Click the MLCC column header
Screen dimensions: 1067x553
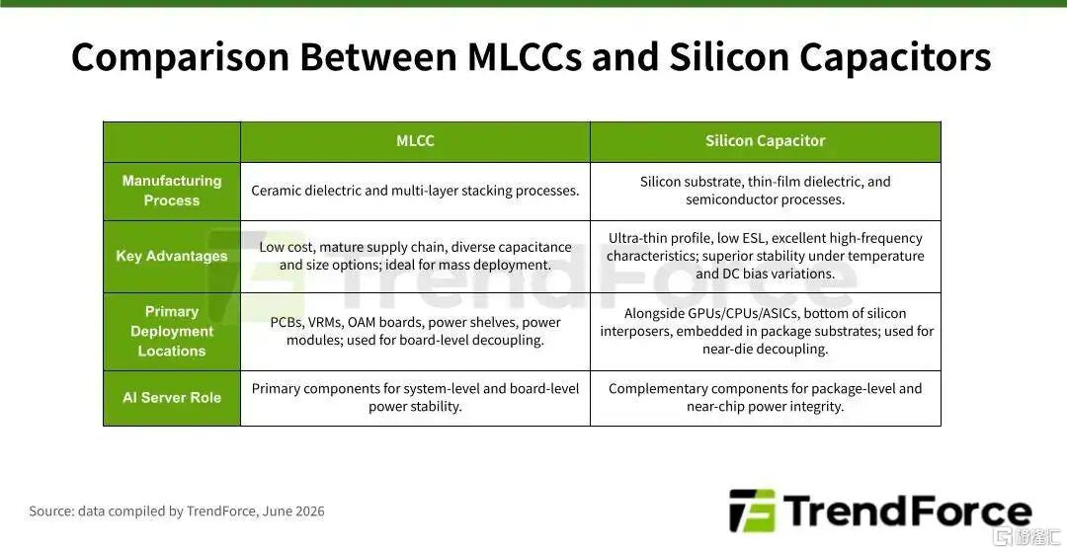click(415, 141)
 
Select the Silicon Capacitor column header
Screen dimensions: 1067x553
click(765, 141)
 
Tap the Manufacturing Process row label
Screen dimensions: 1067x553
click(172, 191)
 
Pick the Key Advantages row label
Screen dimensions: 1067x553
click(172, 256)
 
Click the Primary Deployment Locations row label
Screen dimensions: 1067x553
click(172, 331)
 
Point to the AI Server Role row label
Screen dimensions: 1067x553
click(172, 398)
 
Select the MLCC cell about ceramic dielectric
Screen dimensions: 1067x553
click(415, 191)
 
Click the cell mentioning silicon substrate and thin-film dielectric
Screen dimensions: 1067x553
click(765, 191)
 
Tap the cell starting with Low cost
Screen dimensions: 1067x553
click(415, 256)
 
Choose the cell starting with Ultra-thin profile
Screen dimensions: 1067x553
click(765, 256)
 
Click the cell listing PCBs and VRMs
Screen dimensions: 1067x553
click(415, 331)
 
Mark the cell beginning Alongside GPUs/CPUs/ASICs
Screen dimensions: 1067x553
click(765, 331)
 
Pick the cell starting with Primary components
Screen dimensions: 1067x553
click(415, 398)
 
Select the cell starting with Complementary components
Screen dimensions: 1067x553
click(765, 398)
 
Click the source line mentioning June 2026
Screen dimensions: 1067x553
click(176, 511)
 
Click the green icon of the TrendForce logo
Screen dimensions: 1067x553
click(752, 511)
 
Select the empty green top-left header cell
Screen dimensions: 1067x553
click(172, 141)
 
